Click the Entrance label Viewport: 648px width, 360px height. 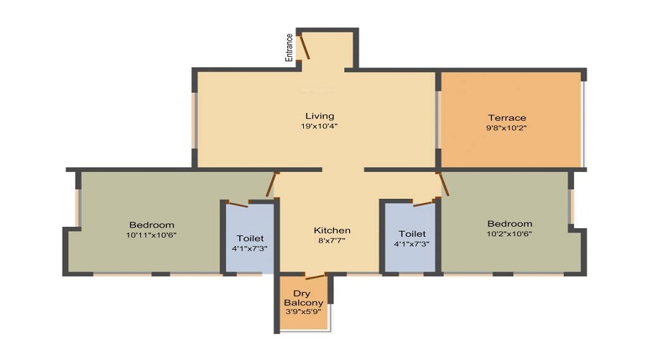[x=289, y=48]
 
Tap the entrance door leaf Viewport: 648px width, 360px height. [x=305, y=48]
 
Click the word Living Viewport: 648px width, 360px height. [x=320, y=116]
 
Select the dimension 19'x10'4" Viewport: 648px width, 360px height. [x=319, y=127]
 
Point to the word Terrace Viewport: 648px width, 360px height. [x=507, y=118]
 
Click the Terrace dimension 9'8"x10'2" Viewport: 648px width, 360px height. [x=506, y=128]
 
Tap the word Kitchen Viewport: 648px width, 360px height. [x=332, y=230]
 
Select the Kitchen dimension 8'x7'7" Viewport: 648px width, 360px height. [x=331, y=240]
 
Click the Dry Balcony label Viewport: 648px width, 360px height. [x=303, y=298]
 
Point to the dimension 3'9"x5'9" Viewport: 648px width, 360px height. [x=303, y=311]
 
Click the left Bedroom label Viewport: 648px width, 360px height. [x=152, y=225]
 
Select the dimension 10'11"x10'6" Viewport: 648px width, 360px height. [x=151, y=235]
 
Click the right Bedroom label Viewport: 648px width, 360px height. [x=510, y=224]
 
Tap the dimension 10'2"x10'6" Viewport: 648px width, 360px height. [x=509, y=234]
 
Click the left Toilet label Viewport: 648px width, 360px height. [x=250, y=238]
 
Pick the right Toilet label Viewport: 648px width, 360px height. [x=412, y=234]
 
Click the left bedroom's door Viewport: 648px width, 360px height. [x=271, y=184]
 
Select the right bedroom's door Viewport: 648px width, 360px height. [x=444, y=184]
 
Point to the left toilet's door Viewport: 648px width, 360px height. [x=238, y=204]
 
